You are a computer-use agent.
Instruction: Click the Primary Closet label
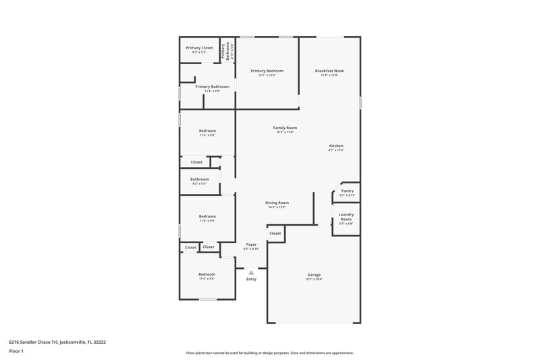(x=199, y=48)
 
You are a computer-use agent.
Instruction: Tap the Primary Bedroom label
(x=267, y=71)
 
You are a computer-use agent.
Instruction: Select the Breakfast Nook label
(x=329, y=71)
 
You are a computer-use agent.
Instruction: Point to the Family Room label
(x=285, y=128)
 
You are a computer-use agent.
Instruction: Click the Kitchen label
(x=336, y=146)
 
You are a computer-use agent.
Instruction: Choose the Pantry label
(x=347, y=191)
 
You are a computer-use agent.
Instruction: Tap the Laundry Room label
(x=346, y=217)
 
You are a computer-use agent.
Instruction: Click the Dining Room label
(x=277, y=203)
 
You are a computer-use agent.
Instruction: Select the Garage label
(x=314, y=274)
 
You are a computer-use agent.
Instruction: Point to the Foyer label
(x=251, y=244)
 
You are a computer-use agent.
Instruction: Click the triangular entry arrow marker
(x=251, y=272)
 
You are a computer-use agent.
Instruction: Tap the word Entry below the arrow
(x=251, y=279)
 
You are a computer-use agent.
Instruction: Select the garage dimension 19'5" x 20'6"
(x=314, y=279)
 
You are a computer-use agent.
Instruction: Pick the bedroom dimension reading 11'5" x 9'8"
(x=207, y=278)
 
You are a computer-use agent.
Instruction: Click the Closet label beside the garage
(x=275, y=233)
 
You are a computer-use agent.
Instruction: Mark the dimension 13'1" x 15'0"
(x=267, y=75)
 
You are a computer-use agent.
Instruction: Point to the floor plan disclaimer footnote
(x=270, y=353)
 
